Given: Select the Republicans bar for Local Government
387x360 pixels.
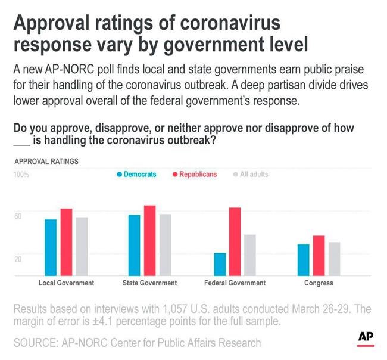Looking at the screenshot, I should point(66,242).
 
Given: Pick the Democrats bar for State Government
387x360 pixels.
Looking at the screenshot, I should point(134,245).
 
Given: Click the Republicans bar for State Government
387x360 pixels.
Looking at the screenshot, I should point(149,240).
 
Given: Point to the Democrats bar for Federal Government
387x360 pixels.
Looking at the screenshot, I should point(220,264).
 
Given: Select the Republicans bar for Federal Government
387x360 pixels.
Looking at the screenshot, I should point(235,241).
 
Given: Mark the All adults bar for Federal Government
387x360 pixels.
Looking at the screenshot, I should point(250,255).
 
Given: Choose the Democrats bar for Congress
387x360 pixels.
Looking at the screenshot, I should point(304,260).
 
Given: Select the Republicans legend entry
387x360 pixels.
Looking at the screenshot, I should point(195,175).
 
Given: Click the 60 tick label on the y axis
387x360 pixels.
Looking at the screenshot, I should point(18,215).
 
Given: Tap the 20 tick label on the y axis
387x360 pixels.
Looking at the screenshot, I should point(18,259).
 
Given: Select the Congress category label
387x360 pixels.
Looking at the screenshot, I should point(319,283).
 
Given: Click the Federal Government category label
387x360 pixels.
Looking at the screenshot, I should point(235,283).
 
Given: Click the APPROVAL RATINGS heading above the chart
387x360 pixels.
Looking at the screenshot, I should point(46,162).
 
